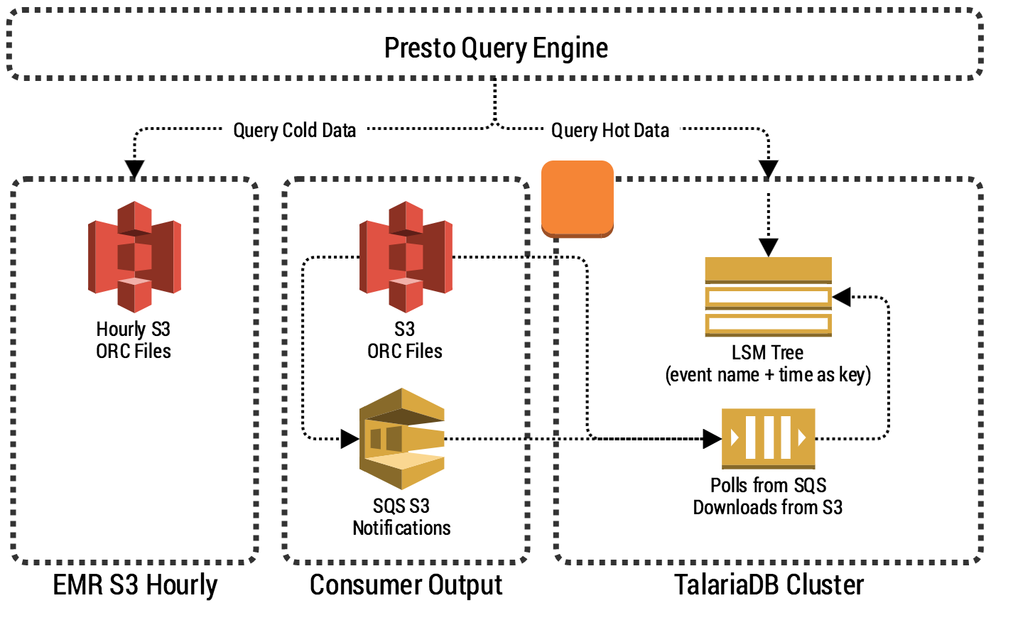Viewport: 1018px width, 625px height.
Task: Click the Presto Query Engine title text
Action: [496, 48]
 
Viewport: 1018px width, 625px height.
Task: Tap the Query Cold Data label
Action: [294, 131]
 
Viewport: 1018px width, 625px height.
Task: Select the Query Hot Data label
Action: [610, 131]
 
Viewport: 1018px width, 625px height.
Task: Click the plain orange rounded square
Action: [577, 198]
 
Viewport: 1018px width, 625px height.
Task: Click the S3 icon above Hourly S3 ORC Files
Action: [134, 256]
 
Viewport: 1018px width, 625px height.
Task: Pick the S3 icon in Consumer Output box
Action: [406, 256]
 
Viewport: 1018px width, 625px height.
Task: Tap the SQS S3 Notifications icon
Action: [402, 438]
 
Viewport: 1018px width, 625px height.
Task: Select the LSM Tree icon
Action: [768, 296]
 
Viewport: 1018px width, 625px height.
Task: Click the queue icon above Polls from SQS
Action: [768, 437]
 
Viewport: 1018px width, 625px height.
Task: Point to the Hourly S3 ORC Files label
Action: [134, 340]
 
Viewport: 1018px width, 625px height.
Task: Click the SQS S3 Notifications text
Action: [401, 517]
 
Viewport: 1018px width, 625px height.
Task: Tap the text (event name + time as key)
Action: [768, 375]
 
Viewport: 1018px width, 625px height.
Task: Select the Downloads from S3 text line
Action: [768, 508]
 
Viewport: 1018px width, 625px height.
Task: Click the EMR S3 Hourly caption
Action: [135, 585]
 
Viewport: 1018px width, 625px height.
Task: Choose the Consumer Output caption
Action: [406, 585]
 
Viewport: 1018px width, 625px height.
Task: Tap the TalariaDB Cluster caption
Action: [769, 585]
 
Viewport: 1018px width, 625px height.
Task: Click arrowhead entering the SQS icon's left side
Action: [350, 439]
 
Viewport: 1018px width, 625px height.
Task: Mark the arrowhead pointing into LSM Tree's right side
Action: [842, 297]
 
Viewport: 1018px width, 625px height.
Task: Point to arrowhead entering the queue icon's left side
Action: [712, 438]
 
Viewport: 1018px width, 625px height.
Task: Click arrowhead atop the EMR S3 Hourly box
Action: [134, 169]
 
